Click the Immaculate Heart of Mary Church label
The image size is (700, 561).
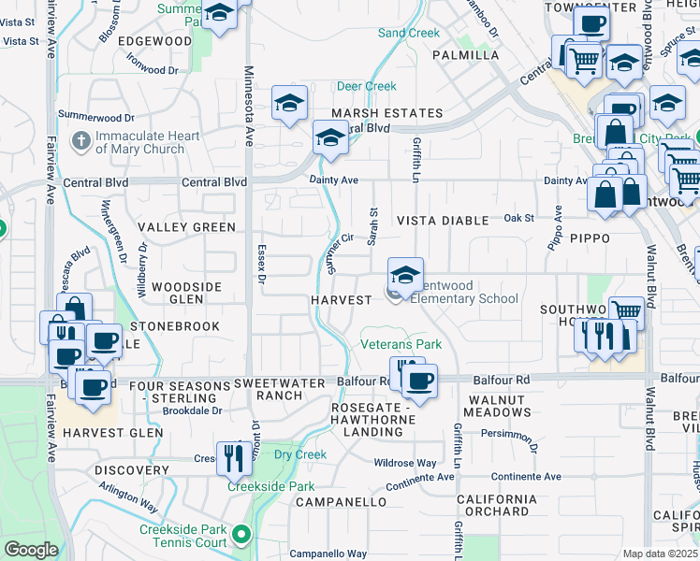147,142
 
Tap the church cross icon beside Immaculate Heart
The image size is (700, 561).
81,142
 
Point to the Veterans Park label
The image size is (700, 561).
401,344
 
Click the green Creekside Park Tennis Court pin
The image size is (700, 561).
242,536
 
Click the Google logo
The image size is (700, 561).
31,550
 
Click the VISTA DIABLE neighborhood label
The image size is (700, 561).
443,221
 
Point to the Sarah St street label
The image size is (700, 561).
372,227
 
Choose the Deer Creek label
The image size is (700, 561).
367,86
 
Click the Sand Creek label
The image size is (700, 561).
408,33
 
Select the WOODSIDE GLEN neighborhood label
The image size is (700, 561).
186,293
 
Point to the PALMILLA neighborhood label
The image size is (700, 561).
465,55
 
